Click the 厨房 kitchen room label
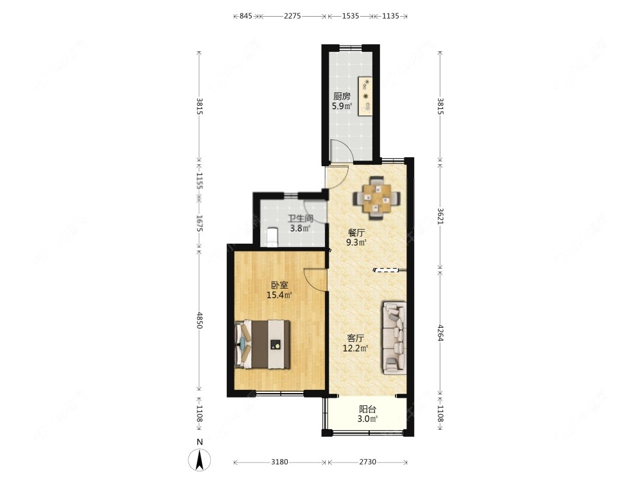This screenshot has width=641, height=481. pos(342,96)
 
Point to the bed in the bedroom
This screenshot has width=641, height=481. pos(263,344)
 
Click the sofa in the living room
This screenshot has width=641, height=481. pos(394,337)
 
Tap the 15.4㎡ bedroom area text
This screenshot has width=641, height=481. pos(279,296)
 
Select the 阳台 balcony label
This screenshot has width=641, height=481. pos(367,409)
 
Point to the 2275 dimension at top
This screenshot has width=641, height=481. pos(292,16)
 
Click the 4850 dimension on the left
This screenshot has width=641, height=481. pos(199,321)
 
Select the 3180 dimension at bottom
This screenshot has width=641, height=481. pos(279,462)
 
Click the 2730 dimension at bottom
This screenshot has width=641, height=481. pos(367,462)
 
